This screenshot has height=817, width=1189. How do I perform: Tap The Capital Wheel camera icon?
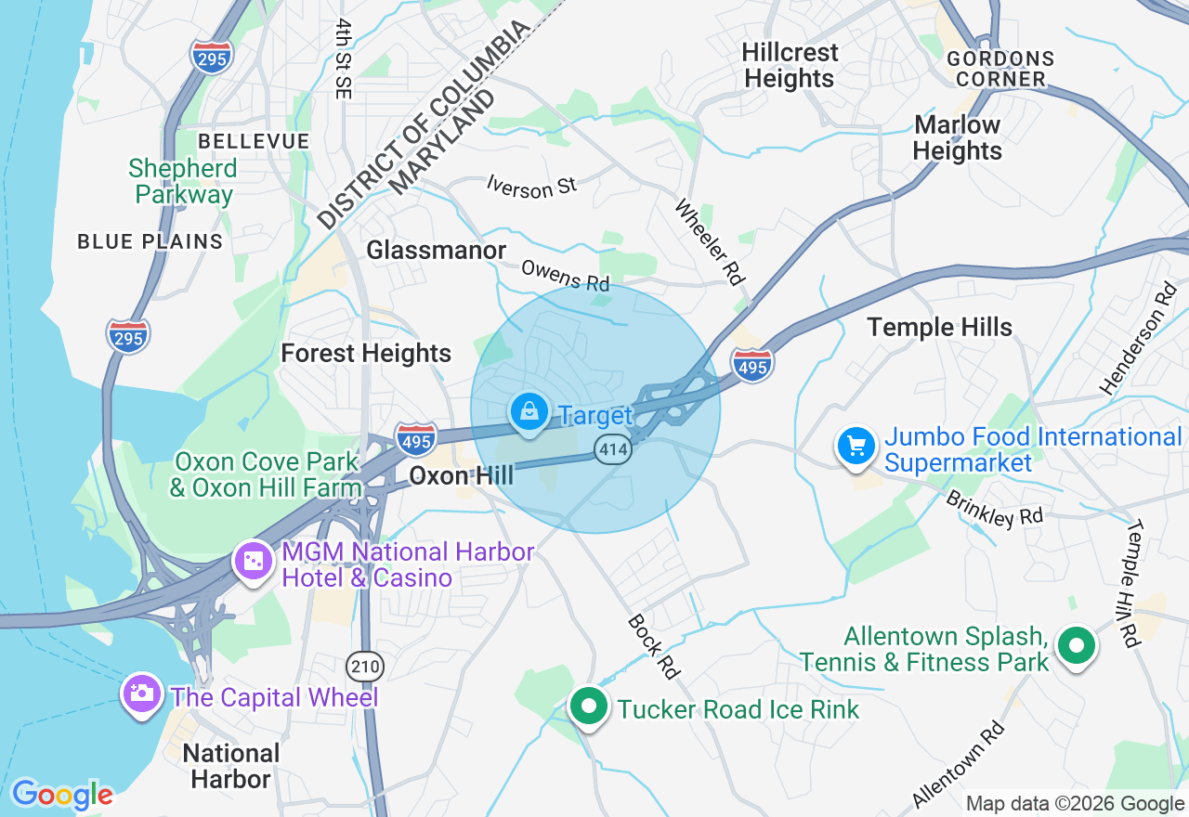141,694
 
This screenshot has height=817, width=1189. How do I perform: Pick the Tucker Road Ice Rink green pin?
588,707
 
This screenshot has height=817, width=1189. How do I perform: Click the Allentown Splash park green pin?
1077,645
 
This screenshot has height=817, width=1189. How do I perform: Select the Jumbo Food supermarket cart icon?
856,447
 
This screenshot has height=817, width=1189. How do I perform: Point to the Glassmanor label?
436,250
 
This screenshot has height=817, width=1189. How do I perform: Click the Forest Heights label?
366,353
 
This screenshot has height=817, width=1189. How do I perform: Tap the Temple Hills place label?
939,327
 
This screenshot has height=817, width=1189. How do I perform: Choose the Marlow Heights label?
957,137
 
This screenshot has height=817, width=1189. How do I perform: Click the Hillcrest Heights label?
790,65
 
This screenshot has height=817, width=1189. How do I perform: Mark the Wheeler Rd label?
711,240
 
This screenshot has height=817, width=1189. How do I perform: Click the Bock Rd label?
653,645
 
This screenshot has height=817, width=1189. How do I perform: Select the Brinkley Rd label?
994,509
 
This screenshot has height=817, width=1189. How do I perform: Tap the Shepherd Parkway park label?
183,181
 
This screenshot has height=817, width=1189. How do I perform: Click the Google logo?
62,795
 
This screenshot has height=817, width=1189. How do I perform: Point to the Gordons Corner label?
1000,69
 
